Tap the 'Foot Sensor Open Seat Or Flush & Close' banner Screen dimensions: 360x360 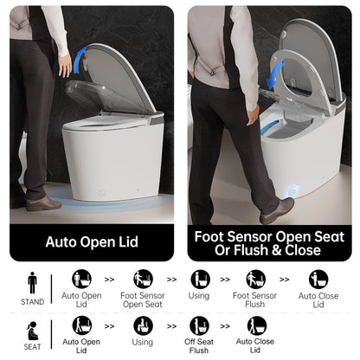point(269,242)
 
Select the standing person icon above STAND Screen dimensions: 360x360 point(32,282)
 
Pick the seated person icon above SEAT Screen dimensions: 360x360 point(32,329)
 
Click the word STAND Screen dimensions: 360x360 point(32,303)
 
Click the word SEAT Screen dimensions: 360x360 point(32,348)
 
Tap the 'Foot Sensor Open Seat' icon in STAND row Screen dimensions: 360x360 point(143,280)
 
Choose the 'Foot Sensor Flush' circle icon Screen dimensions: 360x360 point(255,280)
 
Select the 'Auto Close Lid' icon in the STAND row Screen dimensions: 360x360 point(318,280)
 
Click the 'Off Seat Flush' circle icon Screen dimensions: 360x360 point(199,326)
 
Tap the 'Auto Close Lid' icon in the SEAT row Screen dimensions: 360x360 point(256,326)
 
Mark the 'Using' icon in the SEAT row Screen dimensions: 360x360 point(143,326)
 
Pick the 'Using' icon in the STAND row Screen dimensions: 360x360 point(200,280)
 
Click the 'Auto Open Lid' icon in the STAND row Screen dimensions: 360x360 point(82,280)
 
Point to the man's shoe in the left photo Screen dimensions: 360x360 point(42,202)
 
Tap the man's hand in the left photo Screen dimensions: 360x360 point(65,65)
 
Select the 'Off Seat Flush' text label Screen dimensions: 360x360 point(199,346)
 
